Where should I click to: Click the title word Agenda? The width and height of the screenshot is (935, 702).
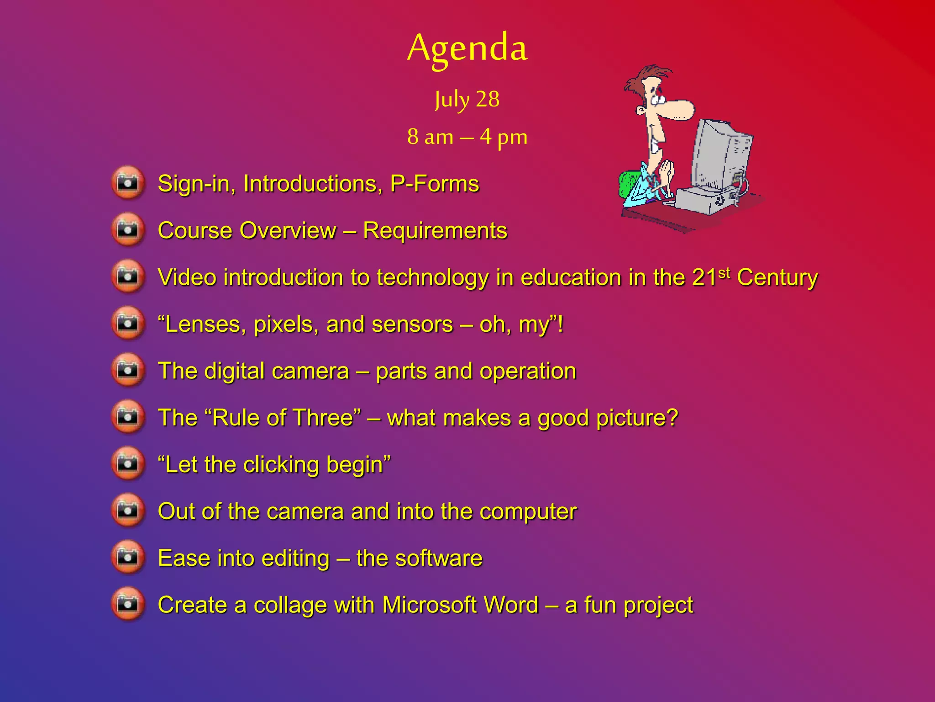click(x=467, y=48)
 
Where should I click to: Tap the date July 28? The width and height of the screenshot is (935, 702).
click(x=467, y=99)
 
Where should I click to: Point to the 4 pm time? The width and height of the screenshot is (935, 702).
click(x=504, y=137)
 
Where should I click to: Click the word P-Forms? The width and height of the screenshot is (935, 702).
click(x=434, y=184)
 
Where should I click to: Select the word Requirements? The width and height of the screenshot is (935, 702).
click(x=435, y=230)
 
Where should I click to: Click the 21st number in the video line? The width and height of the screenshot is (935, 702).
click(x=710, y=277)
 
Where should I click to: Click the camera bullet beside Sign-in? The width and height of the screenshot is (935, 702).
click(x=128, y=183)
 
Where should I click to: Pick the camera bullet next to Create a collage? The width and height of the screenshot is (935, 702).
click(x=128, y=604)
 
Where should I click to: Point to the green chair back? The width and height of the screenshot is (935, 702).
click(x=627, y=185)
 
